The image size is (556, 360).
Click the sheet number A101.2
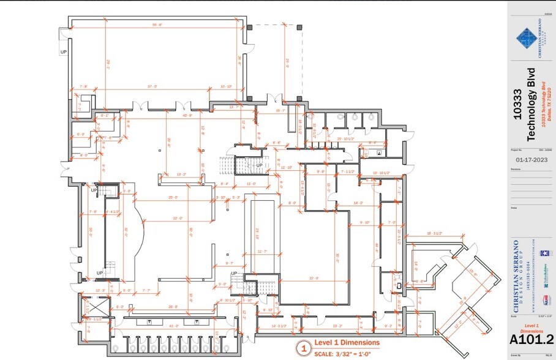pyautogui.click(x=531, y=339)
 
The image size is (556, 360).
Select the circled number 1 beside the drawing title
pyautogui.click(x=302, y=348)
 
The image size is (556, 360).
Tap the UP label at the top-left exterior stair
pyautogui.click(x=64, y=53)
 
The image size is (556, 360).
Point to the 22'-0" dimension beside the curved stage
pyautogui.click(x=178, y=218)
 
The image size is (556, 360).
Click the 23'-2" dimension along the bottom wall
pyautogui.click(x=337, y=326)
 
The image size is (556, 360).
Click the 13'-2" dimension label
pyautogui.click(x=181, y=174)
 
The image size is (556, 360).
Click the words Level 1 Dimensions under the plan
pyautogui.click(x=347, y=342)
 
